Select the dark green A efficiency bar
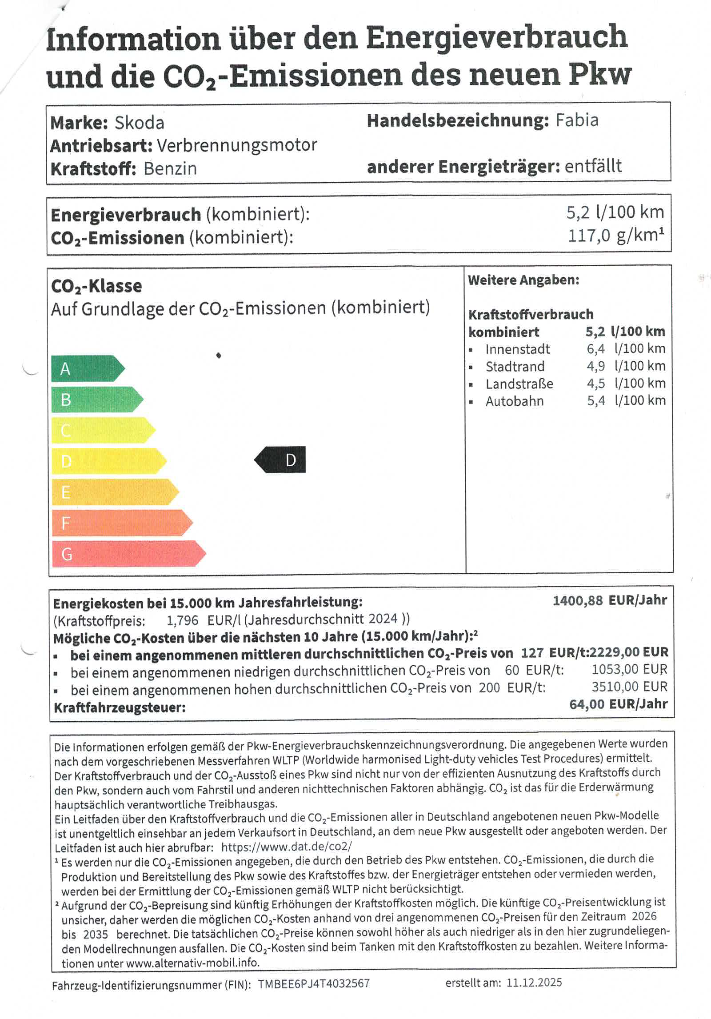tap(87, 368)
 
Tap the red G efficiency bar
tap(127, 554)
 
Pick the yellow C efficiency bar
tap(102, 430)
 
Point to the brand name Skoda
tap(140, 123)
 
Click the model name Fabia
tap(577, 120)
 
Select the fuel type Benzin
tap(170, 169)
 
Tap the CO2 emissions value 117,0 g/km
tap(615, 236)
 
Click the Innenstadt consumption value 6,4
tap(595, 349)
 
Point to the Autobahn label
tap(514, 401)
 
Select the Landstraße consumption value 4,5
tap(595, 384)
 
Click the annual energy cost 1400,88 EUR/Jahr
tap(610, 601)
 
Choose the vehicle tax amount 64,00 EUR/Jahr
tap(618, 704)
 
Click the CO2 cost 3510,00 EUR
tap(629, 687)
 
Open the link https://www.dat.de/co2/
tap(287, 847)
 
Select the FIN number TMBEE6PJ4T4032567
tap(314, 983)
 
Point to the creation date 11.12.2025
tap(534, 982)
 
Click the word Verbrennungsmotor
tap(237, 145)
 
